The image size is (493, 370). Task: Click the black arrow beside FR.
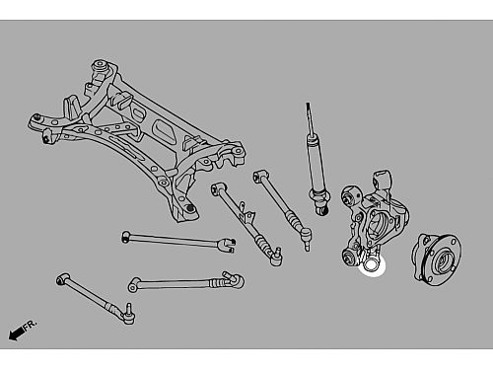click(16, 333)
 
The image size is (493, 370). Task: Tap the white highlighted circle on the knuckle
click(372, 265)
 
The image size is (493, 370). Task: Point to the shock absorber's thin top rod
click(310, 117)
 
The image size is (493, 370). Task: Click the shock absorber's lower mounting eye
click(321, 209)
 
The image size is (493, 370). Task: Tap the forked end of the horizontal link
click(228, 245)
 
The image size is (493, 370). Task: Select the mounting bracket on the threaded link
click(246, 214)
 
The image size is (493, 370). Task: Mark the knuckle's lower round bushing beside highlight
click(350, 258)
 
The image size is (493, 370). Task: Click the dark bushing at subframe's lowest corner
click(189, 208)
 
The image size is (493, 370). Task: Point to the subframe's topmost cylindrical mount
click(100, 66)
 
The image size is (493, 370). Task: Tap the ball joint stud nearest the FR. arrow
click(128, 314)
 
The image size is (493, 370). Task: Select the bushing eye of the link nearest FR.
click(63, 279)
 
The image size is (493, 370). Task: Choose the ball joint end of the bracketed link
click(275, 258)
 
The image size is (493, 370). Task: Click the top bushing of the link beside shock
click(259, 175)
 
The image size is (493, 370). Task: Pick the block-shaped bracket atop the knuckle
click(382, 180)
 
